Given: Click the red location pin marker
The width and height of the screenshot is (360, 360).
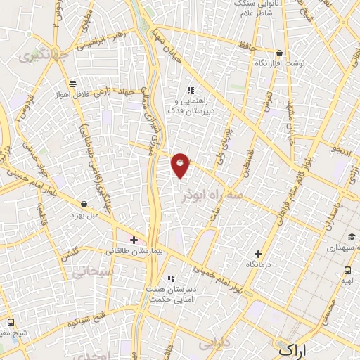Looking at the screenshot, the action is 181,165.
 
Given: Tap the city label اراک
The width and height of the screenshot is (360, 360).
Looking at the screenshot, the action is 292,349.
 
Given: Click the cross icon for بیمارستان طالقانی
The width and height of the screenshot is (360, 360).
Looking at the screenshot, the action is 134,240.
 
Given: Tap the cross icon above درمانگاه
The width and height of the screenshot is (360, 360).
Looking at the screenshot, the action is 258,254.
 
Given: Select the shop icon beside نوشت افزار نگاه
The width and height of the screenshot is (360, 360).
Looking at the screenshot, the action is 279,53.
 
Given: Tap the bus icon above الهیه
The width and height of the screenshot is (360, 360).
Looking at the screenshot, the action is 347,270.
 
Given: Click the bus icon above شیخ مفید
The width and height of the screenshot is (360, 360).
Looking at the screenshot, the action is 10,322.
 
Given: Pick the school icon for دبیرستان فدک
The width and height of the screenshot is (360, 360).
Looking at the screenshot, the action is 189,90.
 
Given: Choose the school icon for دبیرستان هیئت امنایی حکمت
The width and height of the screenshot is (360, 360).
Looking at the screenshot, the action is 172,278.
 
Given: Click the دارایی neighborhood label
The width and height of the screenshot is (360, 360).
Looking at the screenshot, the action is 214,344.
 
